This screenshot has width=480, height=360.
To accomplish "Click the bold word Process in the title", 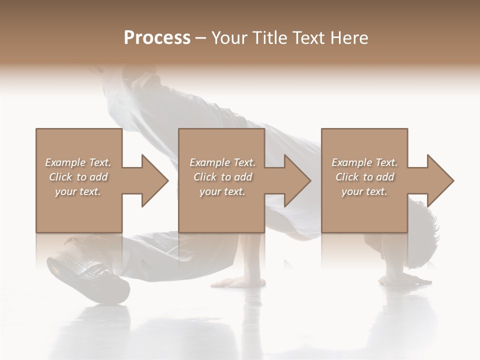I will [x=157, y=38].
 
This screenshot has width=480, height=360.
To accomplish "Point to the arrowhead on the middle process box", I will [x=296, y=180].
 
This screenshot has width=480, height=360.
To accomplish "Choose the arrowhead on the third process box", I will [x=439, y=180].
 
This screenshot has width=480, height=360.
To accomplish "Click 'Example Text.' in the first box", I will [x=78, y=162].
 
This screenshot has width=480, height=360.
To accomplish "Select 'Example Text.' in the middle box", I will [x=222, y=162].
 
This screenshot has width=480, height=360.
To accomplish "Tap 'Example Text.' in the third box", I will [x=364, y=162].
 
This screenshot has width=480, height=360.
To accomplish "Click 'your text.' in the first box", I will [x=78, y=191].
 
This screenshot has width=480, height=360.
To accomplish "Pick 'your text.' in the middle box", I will [x=222, y=191].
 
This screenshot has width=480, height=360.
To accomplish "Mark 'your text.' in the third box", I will [x=364, y=191].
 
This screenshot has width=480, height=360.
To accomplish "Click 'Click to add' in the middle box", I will [x=222, y=177].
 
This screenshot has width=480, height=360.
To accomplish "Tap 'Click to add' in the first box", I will [x=78, y=177].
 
